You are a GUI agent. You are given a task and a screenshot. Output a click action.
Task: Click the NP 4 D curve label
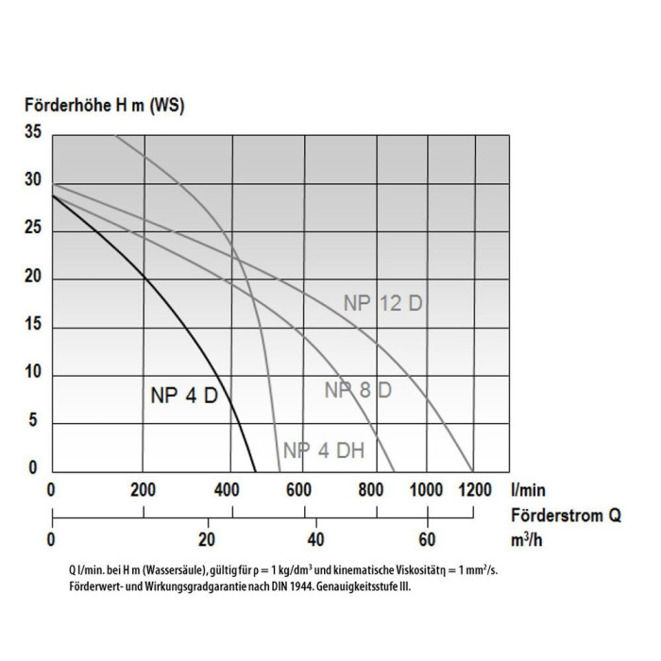click(x=184, y=396)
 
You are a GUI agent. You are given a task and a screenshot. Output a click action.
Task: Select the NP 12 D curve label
click(x=381, y=303)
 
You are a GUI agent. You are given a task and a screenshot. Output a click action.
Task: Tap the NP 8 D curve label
click(x=358, y=390)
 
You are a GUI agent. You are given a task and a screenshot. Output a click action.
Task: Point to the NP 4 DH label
click(x=324, y=450)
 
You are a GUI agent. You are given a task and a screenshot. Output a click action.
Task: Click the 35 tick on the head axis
click(x=33, y=134)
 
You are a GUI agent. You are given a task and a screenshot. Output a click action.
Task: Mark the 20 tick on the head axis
click(x=33, y=277)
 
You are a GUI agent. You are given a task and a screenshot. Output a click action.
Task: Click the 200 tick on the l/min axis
click(x=144, y=490)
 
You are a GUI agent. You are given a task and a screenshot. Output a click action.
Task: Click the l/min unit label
click(x=528, y=490)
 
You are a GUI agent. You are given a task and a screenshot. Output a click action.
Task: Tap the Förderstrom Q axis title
click(x=566, y=516)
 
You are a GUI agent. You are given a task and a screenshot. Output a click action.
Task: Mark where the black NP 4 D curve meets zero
click(x=255, y=471)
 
